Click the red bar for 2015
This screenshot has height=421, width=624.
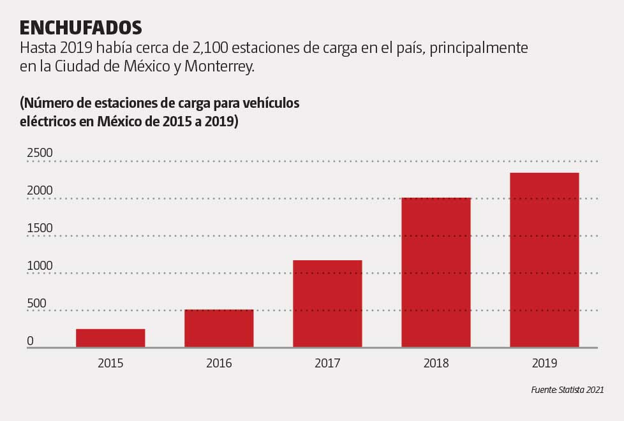pos(110,338)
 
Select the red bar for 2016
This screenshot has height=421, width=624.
pos(219,329)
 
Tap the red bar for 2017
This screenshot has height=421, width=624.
pos(327,304)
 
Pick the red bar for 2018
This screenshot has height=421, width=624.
pos(436,272)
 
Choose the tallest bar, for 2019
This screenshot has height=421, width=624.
pos(544,260)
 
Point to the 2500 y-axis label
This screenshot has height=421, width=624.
pos(40,153)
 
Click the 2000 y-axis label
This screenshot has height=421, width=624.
pos(40,191)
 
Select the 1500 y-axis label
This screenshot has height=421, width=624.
pos(40,228)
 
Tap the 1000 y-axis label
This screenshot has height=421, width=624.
pos(40,266)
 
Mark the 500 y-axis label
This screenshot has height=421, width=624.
pos(36,304)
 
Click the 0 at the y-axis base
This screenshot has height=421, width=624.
pos(30,341)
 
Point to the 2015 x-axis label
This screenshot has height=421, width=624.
pos(110,364)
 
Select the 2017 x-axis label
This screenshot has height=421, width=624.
pos(327,364)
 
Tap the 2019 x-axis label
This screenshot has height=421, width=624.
pos(544,364)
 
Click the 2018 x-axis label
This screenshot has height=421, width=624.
pos(436,364)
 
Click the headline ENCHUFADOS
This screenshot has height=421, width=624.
pos(80,28)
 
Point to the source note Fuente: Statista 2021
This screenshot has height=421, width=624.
pos(567,390)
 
